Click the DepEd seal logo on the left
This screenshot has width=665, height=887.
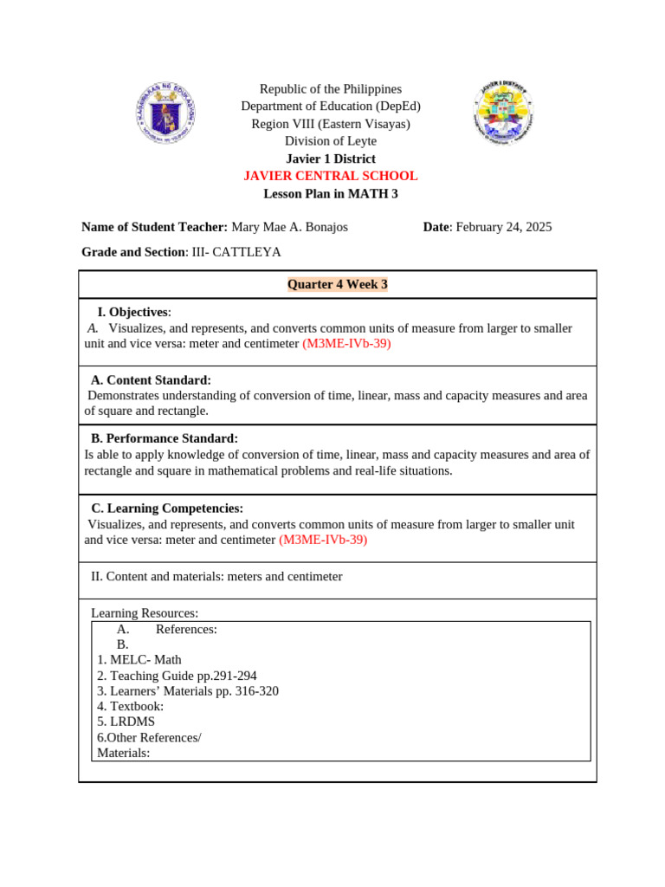(x=165, y=113)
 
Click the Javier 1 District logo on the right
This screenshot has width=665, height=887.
(x=504, y=113)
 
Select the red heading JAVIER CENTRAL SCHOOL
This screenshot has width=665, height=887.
(x=331, y=176)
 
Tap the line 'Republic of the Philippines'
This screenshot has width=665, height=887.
(x=331, y=89)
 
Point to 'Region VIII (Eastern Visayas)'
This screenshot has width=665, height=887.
(x=331, y=124)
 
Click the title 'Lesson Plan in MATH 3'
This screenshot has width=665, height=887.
(x=331, y=193)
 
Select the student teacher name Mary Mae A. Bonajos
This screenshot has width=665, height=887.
(x=289, y=227)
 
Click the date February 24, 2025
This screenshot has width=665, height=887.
(x=503, y=227)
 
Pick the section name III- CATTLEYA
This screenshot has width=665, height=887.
(x=236, y=252)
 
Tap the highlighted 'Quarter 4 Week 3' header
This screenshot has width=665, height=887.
(x=338, y=284)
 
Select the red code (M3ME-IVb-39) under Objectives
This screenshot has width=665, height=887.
(x=346, y=344)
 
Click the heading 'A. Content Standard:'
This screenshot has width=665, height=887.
(x=151, y=379)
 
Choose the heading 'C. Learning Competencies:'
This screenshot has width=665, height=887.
(x=167, y=508)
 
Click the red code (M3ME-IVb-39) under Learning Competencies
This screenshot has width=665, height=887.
(x=323, y=540)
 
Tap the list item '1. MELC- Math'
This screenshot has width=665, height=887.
(x=139, y=659)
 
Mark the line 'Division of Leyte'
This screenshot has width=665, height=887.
(x=331, y=141)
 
